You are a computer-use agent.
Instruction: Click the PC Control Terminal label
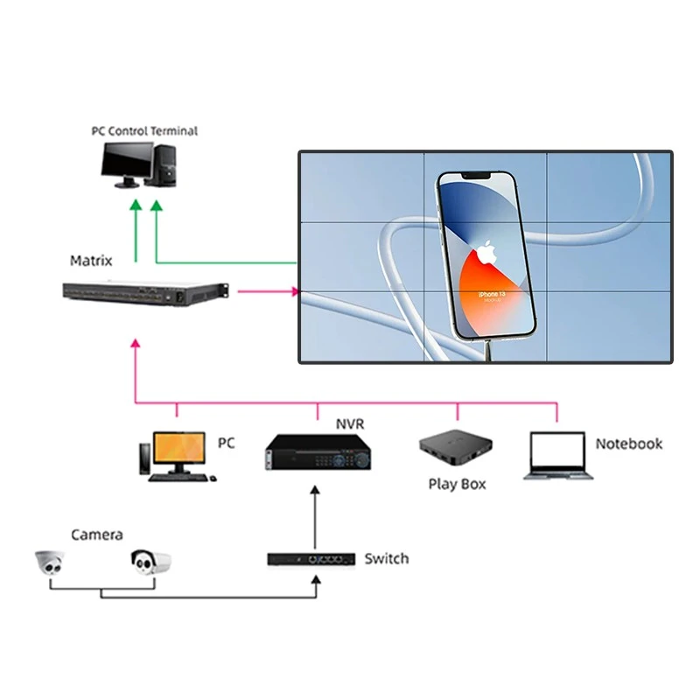point(144,131)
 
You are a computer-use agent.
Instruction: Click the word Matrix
point(91,261)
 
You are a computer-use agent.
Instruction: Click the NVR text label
point(350,424)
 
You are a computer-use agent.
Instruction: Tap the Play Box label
point(457,484)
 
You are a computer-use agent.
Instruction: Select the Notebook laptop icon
point(558,456)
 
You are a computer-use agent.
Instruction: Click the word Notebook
point(628,444)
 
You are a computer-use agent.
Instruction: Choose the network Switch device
point(311,558)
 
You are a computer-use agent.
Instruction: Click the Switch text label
point(386,558)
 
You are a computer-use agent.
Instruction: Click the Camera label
point(97,535)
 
